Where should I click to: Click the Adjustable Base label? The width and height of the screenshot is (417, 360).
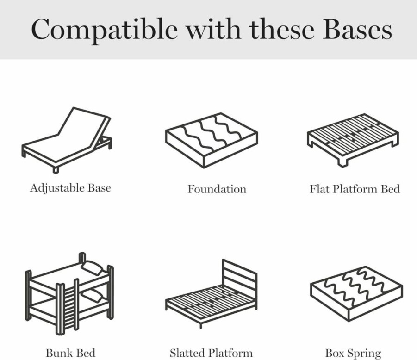70,188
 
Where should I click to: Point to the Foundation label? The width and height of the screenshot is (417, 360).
217,189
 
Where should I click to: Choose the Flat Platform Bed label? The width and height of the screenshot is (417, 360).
355,189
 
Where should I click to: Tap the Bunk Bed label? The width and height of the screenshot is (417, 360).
70,353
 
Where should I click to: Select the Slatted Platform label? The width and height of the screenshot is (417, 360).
211,353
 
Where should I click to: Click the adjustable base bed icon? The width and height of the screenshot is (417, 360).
67,140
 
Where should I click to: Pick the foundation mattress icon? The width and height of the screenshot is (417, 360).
212,140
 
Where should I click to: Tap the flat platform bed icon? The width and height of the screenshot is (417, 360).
353,140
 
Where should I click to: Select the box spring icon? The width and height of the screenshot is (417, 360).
356,293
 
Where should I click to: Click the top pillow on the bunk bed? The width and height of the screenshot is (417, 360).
92,267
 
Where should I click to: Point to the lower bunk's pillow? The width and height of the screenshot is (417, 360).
92,296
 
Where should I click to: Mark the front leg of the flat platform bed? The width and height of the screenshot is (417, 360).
342,162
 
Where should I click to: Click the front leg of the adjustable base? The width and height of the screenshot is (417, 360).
56,170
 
